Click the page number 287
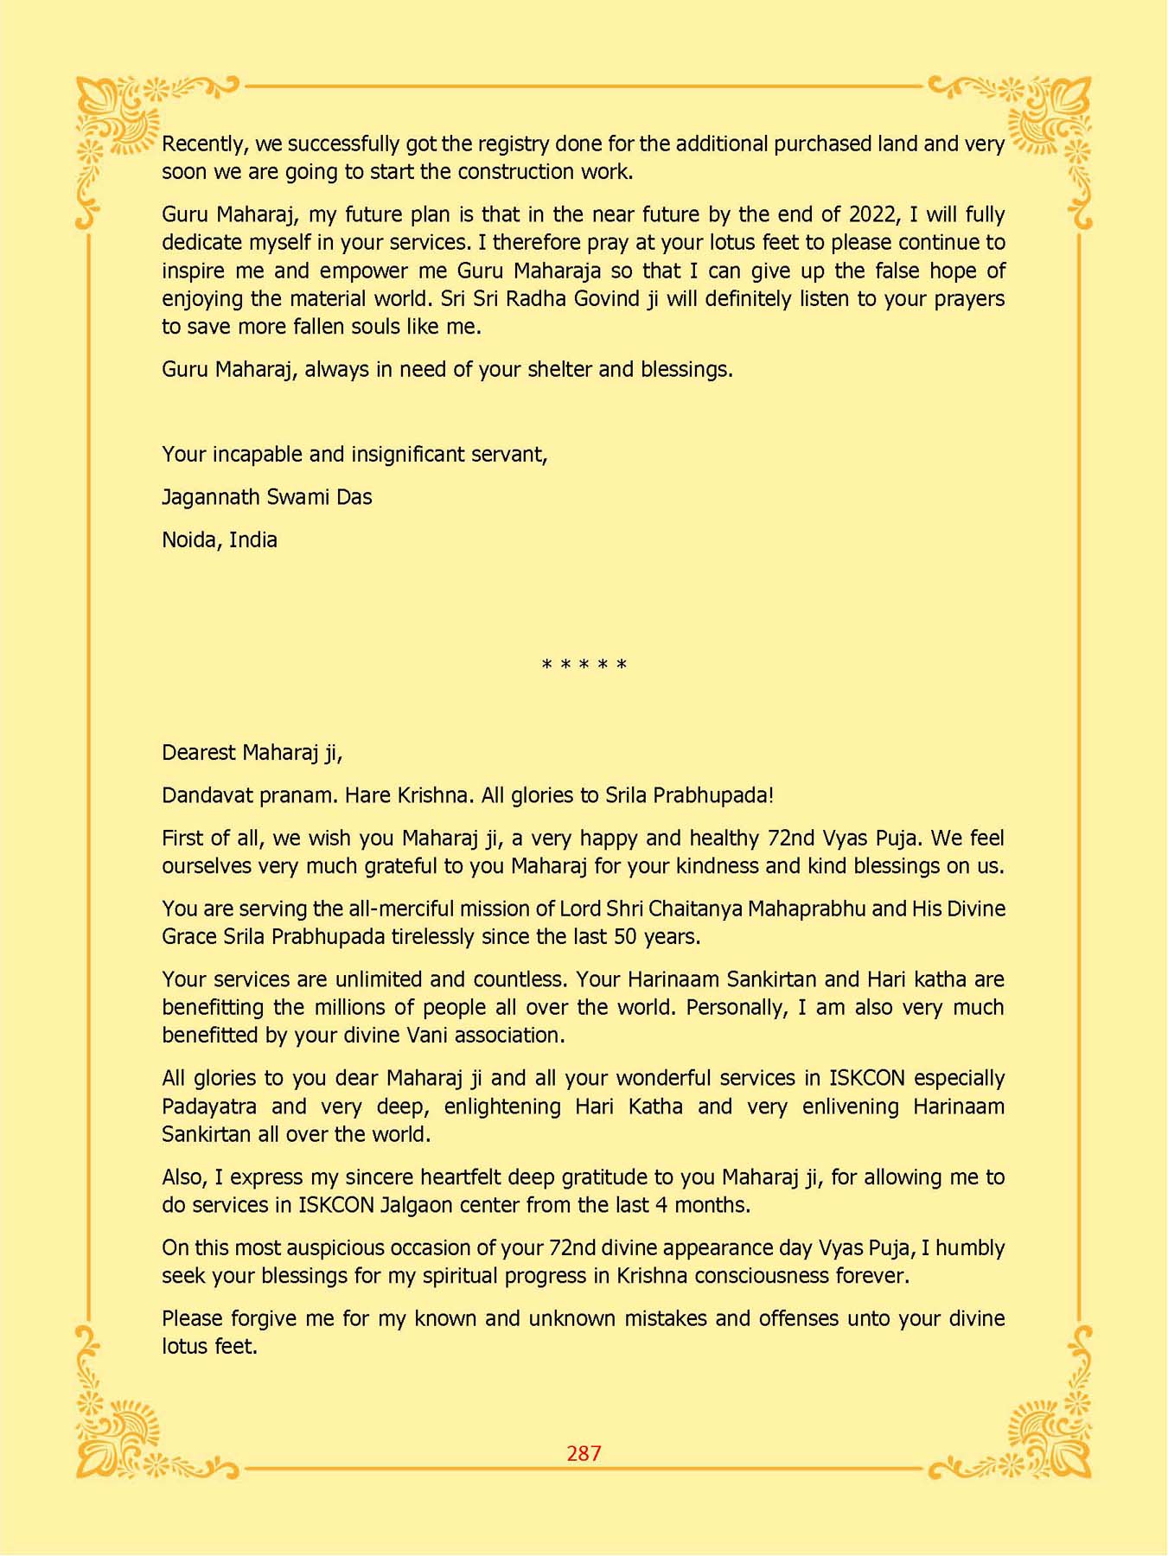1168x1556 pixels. pyautogui.click(x=584, y=1453)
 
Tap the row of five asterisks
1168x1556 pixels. pyautogui.click(x=584, y=665)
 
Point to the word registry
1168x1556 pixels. pyautogui.click(x=514, y=143)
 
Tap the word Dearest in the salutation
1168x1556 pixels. pyautogui.click(x=199, y=752)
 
